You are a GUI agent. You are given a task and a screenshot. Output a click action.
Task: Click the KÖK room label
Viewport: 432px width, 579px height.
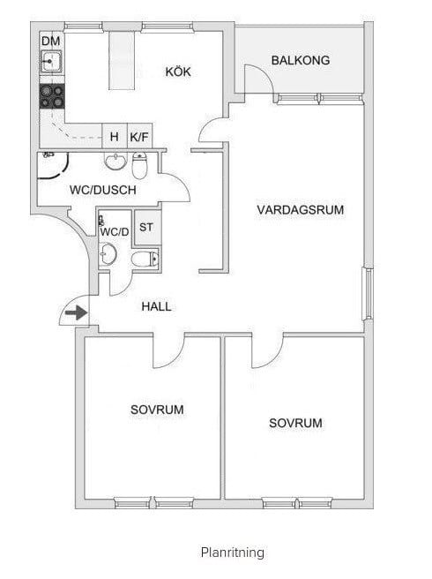pos(178,71)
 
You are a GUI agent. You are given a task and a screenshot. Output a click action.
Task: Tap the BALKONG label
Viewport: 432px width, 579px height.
pos(301,60)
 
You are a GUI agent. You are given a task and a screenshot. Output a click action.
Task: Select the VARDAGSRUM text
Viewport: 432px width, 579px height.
pos(301,210)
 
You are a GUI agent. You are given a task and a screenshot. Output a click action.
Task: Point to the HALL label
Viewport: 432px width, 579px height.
pos(156,306)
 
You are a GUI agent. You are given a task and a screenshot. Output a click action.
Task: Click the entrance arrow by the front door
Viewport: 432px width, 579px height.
pos(77,312)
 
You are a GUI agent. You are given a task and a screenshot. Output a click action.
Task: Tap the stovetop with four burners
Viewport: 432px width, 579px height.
pos(52,96)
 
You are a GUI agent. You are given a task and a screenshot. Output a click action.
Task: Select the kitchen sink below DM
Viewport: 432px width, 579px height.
pos(51,61)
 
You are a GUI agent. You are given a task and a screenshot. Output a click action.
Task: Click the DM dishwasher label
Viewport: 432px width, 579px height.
pos(51,41)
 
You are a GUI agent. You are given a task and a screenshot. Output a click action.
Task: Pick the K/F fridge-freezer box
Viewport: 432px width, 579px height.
pos(139,136)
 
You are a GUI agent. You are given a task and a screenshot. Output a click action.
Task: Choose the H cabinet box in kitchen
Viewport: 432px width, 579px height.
pos(115,136)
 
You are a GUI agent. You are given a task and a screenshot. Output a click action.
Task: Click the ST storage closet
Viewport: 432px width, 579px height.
pos(146,227)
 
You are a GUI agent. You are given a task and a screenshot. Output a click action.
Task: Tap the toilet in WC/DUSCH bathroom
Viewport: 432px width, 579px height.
pos(139,165)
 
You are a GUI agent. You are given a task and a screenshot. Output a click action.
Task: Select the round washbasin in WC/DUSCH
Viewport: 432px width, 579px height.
pos(115,162)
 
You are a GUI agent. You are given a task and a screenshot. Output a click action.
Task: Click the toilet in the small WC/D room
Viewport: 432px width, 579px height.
pos(145,259)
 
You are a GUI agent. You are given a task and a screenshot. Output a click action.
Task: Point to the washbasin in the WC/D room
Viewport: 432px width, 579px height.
pos(108,254)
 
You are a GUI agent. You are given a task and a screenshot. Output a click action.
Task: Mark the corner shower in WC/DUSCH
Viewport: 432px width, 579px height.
pos(53,165)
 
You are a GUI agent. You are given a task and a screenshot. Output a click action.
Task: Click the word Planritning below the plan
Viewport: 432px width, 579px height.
pos(233,553)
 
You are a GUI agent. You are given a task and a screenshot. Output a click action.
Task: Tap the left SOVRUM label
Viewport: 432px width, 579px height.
pos(157,410)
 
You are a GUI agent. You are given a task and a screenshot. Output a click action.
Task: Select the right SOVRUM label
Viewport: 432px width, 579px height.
pos(295,423)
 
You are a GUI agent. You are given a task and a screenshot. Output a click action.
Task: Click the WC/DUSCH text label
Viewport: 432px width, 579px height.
pos(103,190)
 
